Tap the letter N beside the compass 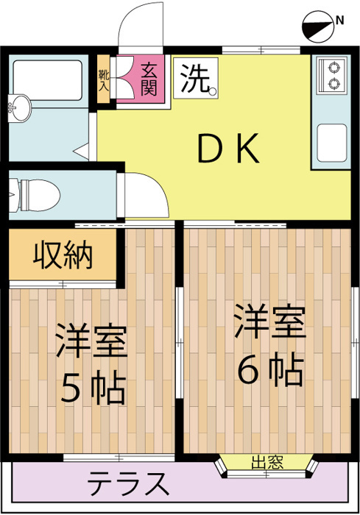coord(340,21)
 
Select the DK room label coord(228,149)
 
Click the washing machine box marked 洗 coord(196,78)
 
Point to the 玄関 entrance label coord(149,79)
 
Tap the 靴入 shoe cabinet coord(104,79)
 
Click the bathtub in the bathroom coord(48,80)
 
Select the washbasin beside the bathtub coord(19,107)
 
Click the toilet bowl coord(35,196)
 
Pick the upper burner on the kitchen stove coord(335,68)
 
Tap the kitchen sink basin coord(332,143)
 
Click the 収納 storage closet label coord(63,255)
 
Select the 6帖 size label coord(270,369)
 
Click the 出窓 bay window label coord(267,462)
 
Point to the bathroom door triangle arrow coord(82,152)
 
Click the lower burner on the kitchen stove coord(335,83)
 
